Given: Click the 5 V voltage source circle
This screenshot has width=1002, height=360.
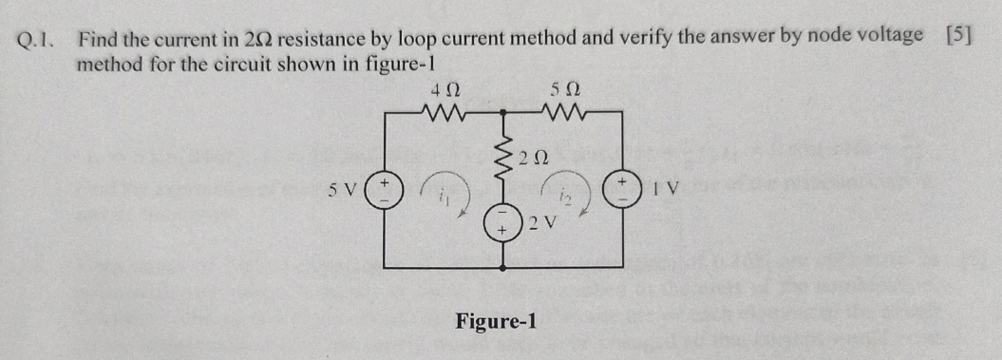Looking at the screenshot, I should [386, 187].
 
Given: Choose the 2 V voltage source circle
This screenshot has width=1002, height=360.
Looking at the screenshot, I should [501, 226].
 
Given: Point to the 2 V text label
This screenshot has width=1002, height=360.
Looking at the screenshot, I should [542, 224].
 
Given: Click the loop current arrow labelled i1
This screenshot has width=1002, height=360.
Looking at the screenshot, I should [444, 192].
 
